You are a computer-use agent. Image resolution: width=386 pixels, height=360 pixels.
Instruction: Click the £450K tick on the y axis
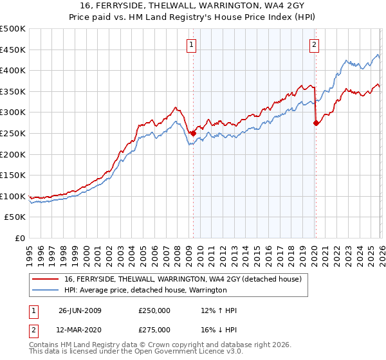coord(13,50)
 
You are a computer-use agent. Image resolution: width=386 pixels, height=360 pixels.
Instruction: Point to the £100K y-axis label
coord(13,196)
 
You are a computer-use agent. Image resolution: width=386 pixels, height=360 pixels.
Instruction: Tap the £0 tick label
coord(20,239)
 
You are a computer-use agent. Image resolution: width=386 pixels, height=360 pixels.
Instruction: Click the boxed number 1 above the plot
coord(192,44)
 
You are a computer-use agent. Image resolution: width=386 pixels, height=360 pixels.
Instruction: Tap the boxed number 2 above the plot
coord(314,44)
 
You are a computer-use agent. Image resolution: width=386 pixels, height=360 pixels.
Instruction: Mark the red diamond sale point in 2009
coord(193,133)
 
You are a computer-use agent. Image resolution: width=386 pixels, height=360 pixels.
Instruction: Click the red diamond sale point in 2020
coord(316,123)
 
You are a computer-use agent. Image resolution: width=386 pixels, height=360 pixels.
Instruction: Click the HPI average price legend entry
coord(145,290)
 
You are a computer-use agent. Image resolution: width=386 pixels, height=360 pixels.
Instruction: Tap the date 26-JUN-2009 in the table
coord(80,310)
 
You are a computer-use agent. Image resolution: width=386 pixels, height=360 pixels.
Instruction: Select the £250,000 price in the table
coord(154,310)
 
